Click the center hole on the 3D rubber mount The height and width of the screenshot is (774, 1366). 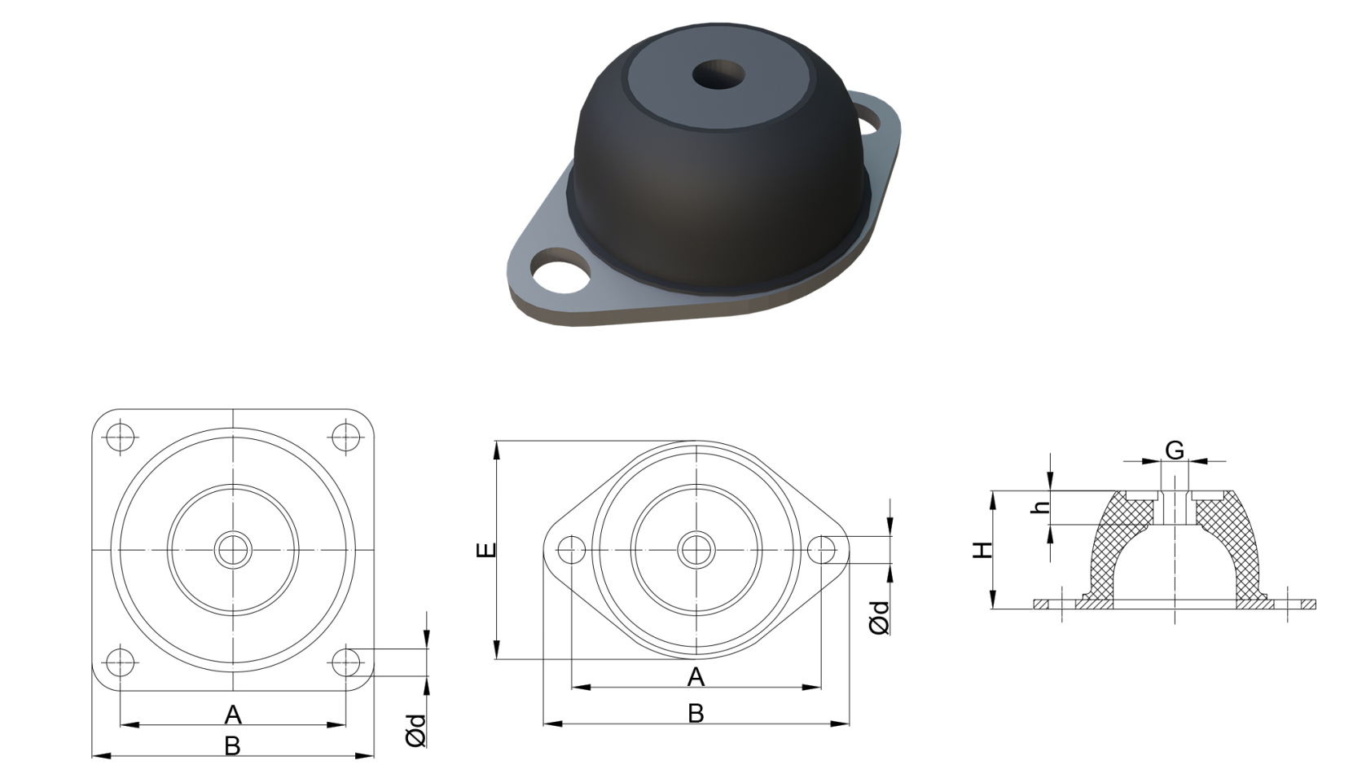click(718, 76)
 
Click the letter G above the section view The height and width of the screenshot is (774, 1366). click(1174, 450)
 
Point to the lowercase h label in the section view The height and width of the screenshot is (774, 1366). click(1039, 508)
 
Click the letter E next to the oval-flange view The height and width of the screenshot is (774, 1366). click(485, 550)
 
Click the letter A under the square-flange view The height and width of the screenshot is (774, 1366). click(233, 715)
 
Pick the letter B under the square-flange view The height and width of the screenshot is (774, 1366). click(232, 745)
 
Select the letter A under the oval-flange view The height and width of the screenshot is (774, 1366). click(696, 676)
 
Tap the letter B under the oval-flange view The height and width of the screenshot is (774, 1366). click(696, 714)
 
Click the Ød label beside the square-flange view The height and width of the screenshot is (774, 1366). click(415, 730)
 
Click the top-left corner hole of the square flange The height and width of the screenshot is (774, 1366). click(121, 436)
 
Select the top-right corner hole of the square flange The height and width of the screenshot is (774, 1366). click(346, 436)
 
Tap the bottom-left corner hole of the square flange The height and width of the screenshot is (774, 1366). click(121, 662)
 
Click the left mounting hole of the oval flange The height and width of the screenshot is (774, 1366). click(571, 550)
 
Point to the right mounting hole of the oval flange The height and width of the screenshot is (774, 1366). click(821, 550)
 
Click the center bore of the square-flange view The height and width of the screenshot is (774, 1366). click(233, 550)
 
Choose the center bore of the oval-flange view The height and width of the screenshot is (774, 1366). click(696, 550)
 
